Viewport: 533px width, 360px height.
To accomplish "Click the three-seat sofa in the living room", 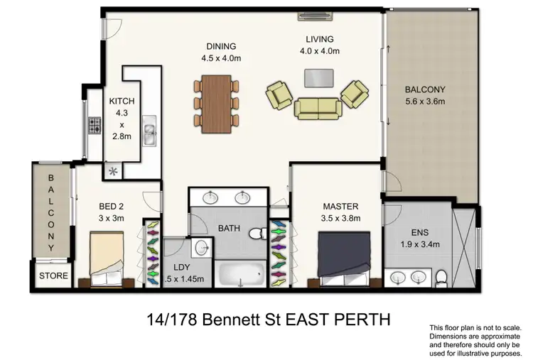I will [x=316, y=107].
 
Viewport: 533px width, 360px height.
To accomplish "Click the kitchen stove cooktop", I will [x=95, y=126].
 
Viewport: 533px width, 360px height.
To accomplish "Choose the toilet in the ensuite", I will [x=441, y=276].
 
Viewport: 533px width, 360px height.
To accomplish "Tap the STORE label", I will [x=53, y=276].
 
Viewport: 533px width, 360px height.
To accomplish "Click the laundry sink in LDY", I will [x=202, y=247].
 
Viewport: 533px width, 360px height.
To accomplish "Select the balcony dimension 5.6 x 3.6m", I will [x=424, y=102].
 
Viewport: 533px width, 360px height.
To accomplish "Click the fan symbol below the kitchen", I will [x=112, y=170].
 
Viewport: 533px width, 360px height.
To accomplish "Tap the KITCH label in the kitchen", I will [x=121, y=102].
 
